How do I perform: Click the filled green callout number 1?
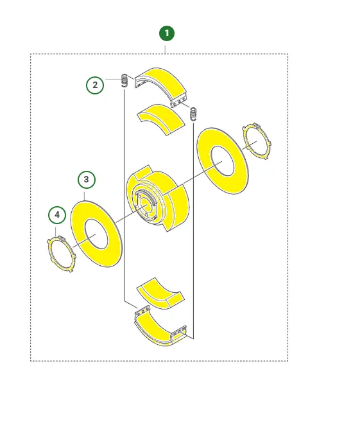(x=167, y=33)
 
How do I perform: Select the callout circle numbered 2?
(x=95, y=85)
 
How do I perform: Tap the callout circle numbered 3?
(x=87, y=179)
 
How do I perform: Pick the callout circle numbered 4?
(x=57, y=214)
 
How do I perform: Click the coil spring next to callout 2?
(x=124, y=80)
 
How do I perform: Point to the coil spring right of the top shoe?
(x=193, y=114)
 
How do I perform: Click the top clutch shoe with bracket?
(x=160, y=85)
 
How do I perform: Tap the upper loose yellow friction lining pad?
(x=160, y=119)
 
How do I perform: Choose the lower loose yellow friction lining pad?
(x=160, y=294)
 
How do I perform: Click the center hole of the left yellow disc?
(x=96, y=234)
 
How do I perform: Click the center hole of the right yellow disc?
(x=222, y=161)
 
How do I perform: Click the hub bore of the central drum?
(x=144, y=205)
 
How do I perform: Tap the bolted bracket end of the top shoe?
(x=179, y=101)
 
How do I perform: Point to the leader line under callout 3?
(x=85, y=195)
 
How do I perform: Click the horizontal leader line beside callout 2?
(x=114, y=80)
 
